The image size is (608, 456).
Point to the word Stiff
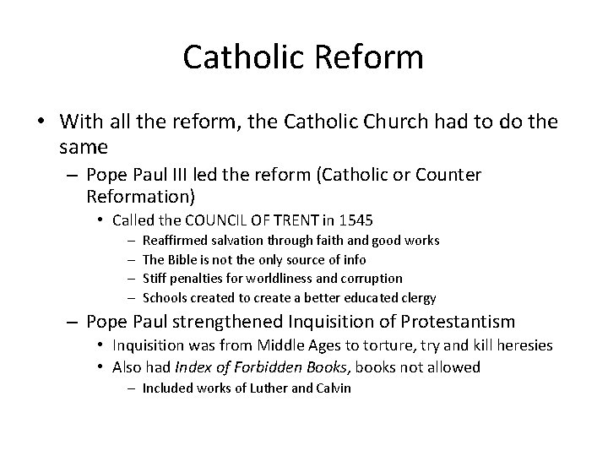pyautogui.click(x=156, y=278)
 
